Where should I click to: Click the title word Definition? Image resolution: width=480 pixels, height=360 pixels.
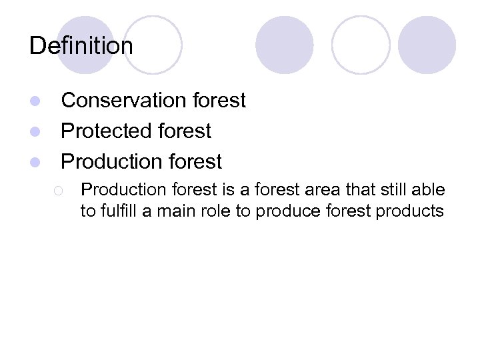point(81,46)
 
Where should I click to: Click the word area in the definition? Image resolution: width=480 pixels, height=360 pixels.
point(323,191)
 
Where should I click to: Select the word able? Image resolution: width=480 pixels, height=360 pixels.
point(429,191)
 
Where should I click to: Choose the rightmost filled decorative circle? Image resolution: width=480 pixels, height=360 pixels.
point(427,45)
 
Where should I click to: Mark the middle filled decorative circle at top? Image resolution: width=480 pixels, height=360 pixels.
point(285,45)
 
